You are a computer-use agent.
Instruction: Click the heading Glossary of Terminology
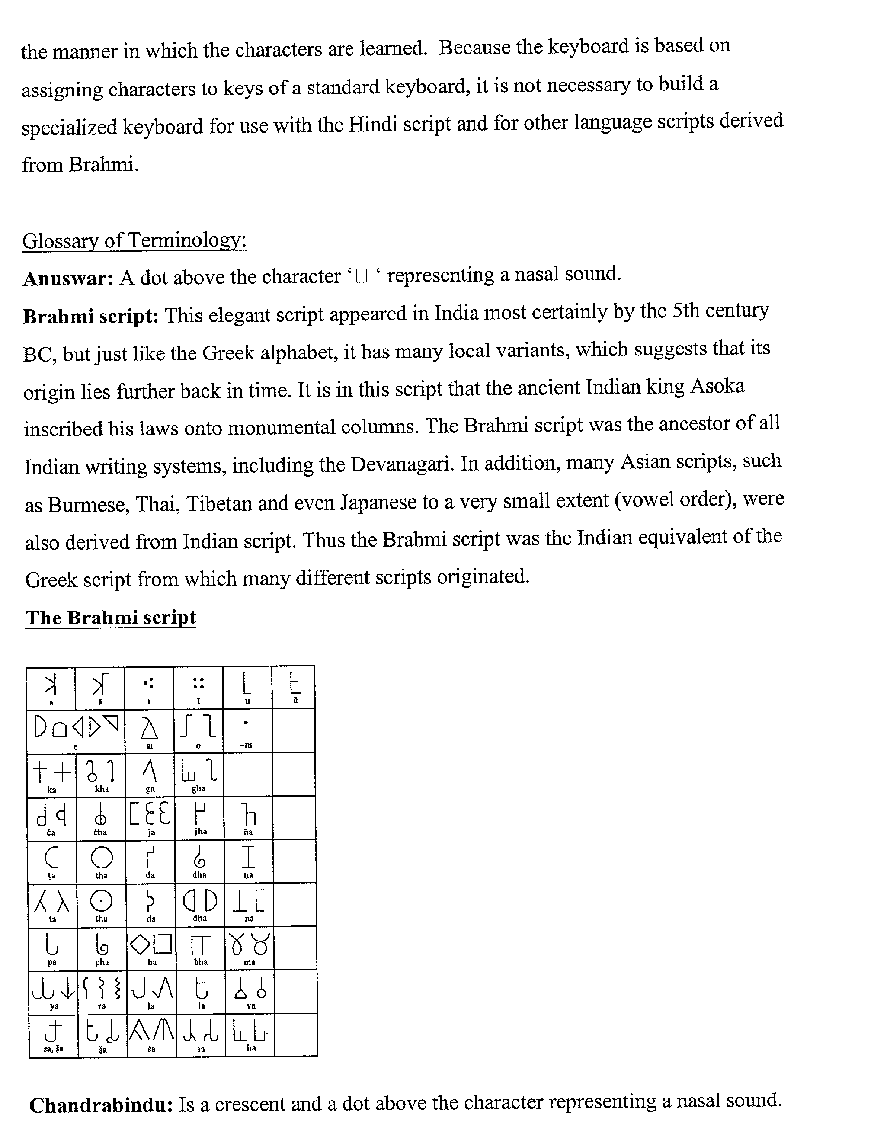134,241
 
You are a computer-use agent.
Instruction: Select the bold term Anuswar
68,278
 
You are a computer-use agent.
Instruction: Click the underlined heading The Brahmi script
110,618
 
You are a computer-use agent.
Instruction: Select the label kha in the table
102,789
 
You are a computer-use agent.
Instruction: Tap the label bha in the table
200,961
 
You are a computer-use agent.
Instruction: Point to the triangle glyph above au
150,728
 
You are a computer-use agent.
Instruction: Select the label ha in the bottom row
251,1047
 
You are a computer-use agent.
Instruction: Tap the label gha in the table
199,788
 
